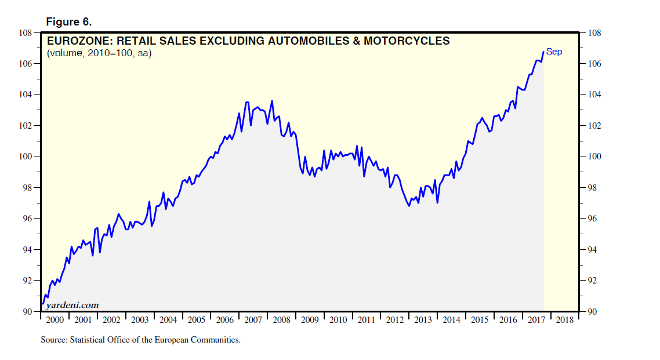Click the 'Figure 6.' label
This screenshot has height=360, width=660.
[x=68, y=22]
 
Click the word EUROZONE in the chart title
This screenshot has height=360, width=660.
[x=75, y=41]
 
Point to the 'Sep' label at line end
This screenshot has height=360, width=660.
[x=554, y=52]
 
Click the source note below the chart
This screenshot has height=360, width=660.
[x=140, y=340]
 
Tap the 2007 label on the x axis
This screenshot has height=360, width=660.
[x=253, y=320]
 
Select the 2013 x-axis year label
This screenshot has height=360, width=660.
[x=423, y=320]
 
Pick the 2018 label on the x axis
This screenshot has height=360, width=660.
[x=565, y=320]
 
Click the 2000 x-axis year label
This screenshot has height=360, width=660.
[x=55, y=320]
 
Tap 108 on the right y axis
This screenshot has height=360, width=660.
[x=595, y=33]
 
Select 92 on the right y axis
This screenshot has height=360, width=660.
[x=593, y=281]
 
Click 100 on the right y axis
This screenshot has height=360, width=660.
[x=595, y=157]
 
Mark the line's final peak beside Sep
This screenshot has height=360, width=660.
[x=543, y=52]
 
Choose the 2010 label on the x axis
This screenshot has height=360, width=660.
[x=338, y=320]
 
